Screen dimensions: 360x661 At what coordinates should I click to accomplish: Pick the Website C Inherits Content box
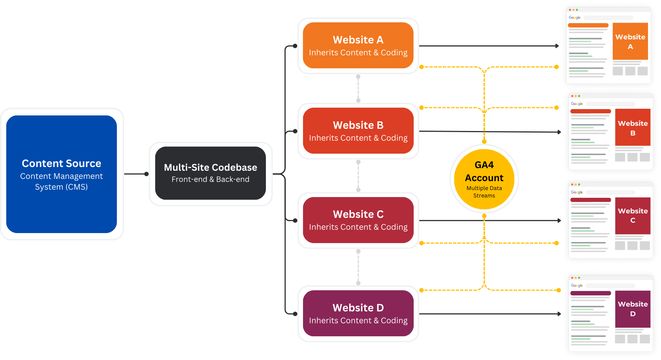point(358,220)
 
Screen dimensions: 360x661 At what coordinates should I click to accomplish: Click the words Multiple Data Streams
point(484,192)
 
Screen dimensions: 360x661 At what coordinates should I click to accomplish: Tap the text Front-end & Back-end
point(210,179)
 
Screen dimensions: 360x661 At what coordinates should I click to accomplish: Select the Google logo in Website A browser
point(574,18)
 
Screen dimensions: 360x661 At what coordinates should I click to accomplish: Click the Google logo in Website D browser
point(577,285)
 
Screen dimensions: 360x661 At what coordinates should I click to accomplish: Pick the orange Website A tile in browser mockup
point(630,41)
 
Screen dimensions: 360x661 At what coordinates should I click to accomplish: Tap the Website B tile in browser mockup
point(633,127)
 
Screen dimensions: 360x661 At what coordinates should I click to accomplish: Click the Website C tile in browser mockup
point(633,215)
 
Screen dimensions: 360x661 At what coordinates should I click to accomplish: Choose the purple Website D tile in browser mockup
point(633,309)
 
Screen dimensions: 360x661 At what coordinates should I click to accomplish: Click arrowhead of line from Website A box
point(557,46)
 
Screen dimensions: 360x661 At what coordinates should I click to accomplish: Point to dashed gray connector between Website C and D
point(358,267)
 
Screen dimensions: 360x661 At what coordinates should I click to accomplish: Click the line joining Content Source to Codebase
point(136,174)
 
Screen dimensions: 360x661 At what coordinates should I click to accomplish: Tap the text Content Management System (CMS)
point(61,181)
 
